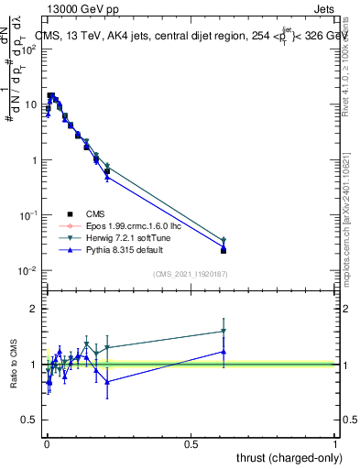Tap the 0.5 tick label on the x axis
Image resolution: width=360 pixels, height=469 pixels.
click(x=191, y=444)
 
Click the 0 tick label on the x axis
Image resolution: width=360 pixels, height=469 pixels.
click(x=47, y=444)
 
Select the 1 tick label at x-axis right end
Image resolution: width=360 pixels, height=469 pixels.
click(x=335, y=444)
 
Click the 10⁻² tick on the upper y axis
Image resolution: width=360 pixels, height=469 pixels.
click(x=27, y=270)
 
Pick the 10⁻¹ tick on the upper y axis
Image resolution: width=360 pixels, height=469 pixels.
click(x=27, y=215)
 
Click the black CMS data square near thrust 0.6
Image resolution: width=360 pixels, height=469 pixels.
click(x=224, y=250)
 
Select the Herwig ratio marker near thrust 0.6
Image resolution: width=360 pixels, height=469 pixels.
click(x=224, y=332)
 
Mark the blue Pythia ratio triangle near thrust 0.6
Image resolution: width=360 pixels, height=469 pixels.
click(x=224, y=352)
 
